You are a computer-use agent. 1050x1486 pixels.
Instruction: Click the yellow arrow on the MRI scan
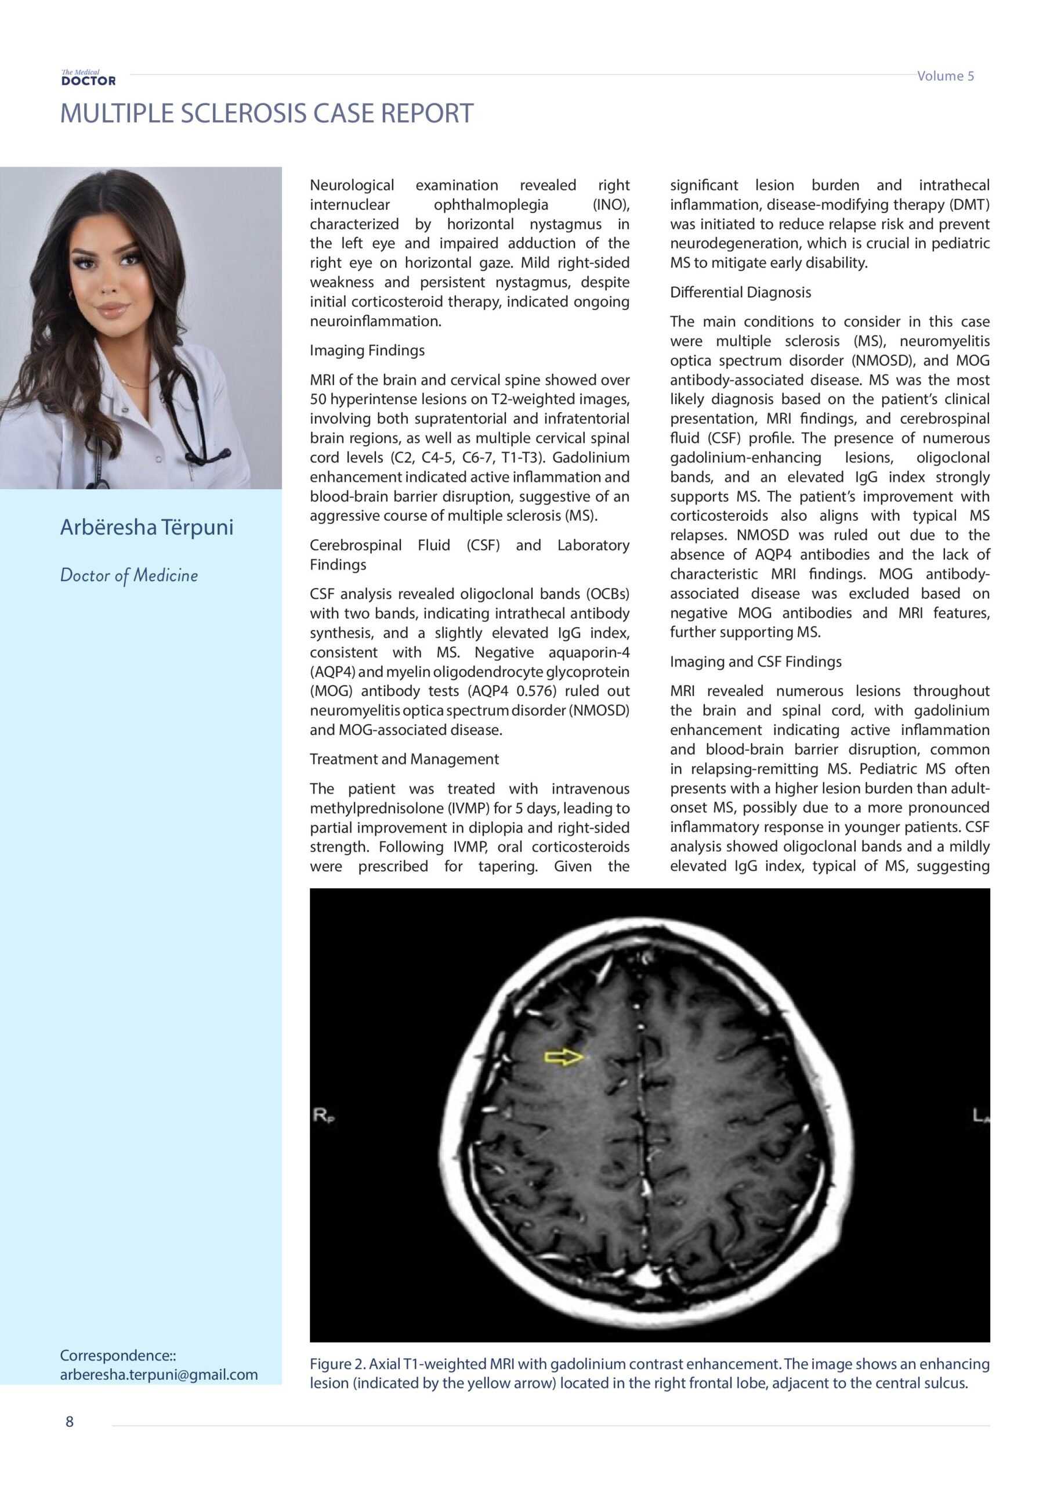[563, 1057]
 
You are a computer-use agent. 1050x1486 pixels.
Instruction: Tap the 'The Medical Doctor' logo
[89, 78]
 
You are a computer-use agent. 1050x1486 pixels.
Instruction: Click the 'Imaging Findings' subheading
[367, 350]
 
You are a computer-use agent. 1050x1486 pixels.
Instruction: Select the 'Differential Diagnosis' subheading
[740, 292]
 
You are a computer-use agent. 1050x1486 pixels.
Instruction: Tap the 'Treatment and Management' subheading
[404, 759]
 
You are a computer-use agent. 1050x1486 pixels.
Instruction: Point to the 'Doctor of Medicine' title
[129, 575]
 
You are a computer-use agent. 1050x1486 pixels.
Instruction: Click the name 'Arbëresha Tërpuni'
[146, 527]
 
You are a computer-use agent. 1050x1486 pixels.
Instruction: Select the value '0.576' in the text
[537, 691]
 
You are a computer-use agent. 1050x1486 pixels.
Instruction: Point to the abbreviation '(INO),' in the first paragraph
[611, 204]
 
